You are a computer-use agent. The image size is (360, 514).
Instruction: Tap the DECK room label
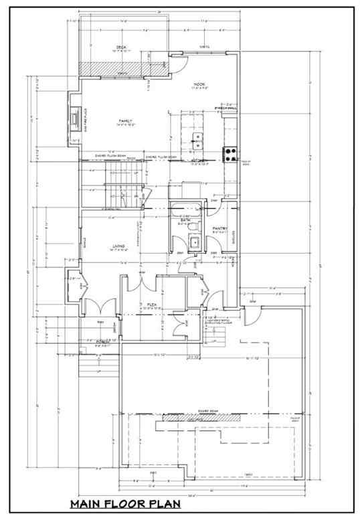(120, 47)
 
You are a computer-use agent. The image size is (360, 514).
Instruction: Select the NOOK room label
(199, 84)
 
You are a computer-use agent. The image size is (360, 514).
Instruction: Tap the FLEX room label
(151, 303)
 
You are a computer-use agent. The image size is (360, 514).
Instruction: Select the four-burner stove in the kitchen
(230, 151)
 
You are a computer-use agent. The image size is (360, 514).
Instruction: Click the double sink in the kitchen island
(197, 141)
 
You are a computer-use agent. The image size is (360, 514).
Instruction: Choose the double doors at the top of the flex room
(143, 285)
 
